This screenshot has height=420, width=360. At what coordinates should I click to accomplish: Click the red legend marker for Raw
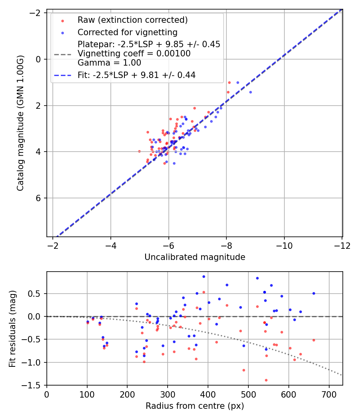pyautogui.click(x=62, y=21)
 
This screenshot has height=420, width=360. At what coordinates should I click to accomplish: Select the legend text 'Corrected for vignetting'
pyautogui.click(x=128, y=32)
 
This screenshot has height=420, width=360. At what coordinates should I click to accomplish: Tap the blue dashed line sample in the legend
pyautogui.click(x=62, y=76)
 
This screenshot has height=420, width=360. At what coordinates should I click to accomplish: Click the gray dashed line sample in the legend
pyautogui.click(x=62, y=54)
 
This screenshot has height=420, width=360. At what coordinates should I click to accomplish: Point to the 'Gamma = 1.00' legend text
pyautogui.click(x=109, y=63)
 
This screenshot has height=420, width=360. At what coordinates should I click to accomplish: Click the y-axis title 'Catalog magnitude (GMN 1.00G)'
pyautogui.click(x=20, y=123)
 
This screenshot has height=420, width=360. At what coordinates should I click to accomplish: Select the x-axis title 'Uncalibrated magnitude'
pyautogui.click(x=195, y=257)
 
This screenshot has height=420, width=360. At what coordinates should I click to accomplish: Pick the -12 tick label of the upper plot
pyautogui.click(x=342, y=246)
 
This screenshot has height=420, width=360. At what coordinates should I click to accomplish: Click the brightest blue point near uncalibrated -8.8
pyautogui.click(x=250, y=92)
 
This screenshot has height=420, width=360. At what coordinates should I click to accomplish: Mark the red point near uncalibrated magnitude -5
pyautogui.click(x=139, y=151)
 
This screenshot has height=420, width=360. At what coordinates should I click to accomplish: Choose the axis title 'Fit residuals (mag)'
pyautogui.click(x=12, y=329)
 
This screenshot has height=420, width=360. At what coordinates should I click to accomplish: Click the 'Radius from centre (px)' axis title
pyautogui.click(x=195, y=406)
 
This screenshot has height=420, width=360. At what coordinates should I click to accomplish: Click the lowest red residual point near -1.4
pyautogui.click(x=266, y=380)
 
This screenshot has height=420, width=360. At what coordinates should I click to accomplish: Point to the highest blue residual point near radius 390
pyautogui.click(x=204, y=277)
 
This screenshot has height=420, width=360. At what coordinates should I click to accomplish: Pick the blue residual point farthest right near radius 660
pyautogui.click(x=314, y=294)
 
